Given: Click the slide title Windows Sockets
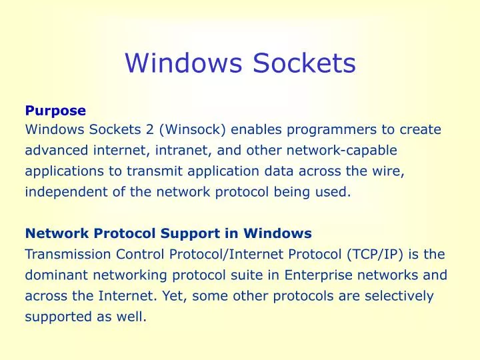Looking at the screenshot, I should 240,63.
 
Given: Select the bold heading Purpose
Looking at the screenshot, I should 55,110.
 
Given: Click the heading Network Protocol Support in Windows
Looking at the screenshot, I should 168,233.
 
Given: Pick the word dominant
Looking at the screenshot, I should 53,275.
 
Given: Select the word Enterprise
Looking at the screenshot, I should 319,275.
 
